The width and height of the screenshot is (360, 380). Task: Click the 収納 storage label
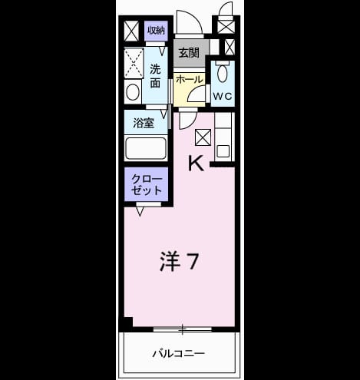[x=156, y=31]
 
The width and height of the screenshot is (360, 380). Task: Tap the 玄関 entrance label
[x=189, y=53]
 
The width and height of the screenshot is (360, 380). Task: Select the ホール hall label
[x=189, y=80]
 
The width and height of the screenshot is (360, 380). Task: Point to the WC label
[x=223, y=96]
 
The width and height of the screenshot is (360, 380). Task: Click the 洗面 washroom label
[x=155, y=76]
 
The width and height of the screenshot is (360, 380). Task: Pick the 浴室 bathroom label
[x=144, y=124]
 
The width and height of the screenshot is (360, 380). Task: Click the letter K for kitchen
[x=197, y=164]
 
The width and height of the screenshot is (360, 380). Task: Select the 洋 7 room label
[x=179, y=261]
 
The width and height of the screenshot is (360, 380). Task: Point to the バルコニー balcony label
[x=179, y=354]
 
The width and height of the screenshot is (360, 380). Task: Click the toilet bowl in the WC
[x=222, y=74]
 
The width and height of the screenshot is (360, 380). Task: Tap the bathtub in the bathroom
[x=146, y=149]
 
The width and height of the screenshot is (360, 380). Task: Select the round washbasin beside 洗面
[x=133, y=92]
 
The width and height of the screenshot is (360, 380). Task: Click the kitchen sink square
[x=223, y=151]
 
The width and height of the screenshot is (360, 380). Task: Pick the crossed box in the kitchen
[x=203, y=137]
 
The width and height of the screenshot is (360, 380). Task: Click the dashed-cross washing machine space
[x=134, y=63]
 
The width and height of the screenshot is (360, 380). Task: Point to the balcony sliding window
[x=183, y=329]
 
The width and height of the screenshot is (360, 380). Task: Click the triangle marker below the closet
[x=140, y=212]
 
